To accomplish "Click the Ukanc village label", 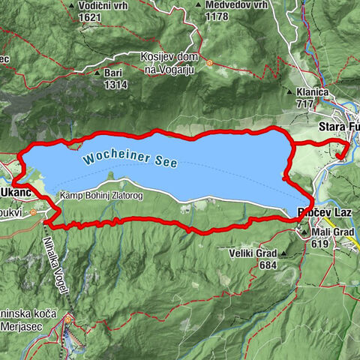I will [15, 193].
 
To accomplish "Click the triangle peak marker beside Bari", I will [98, 73].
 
